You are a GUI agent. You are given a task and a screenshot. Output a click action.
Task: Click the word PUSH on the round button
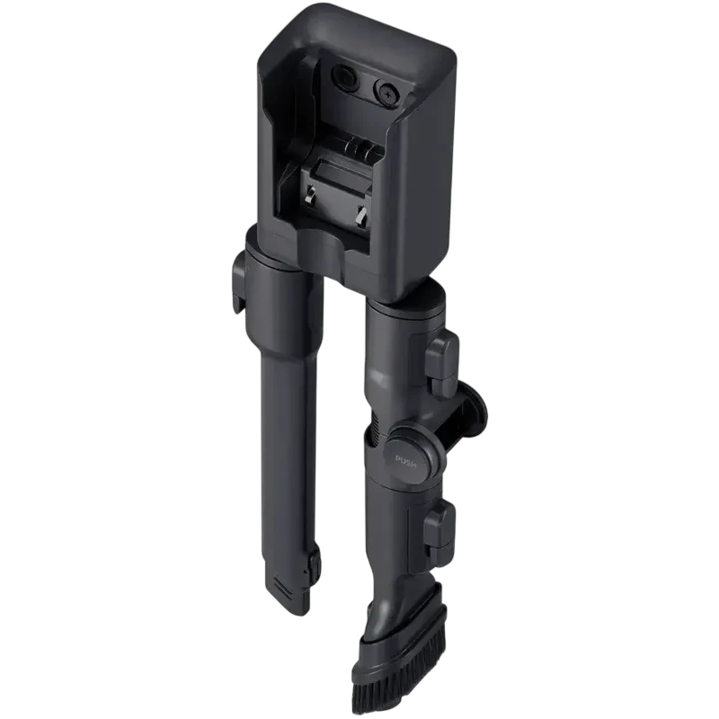coord(405,460)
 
